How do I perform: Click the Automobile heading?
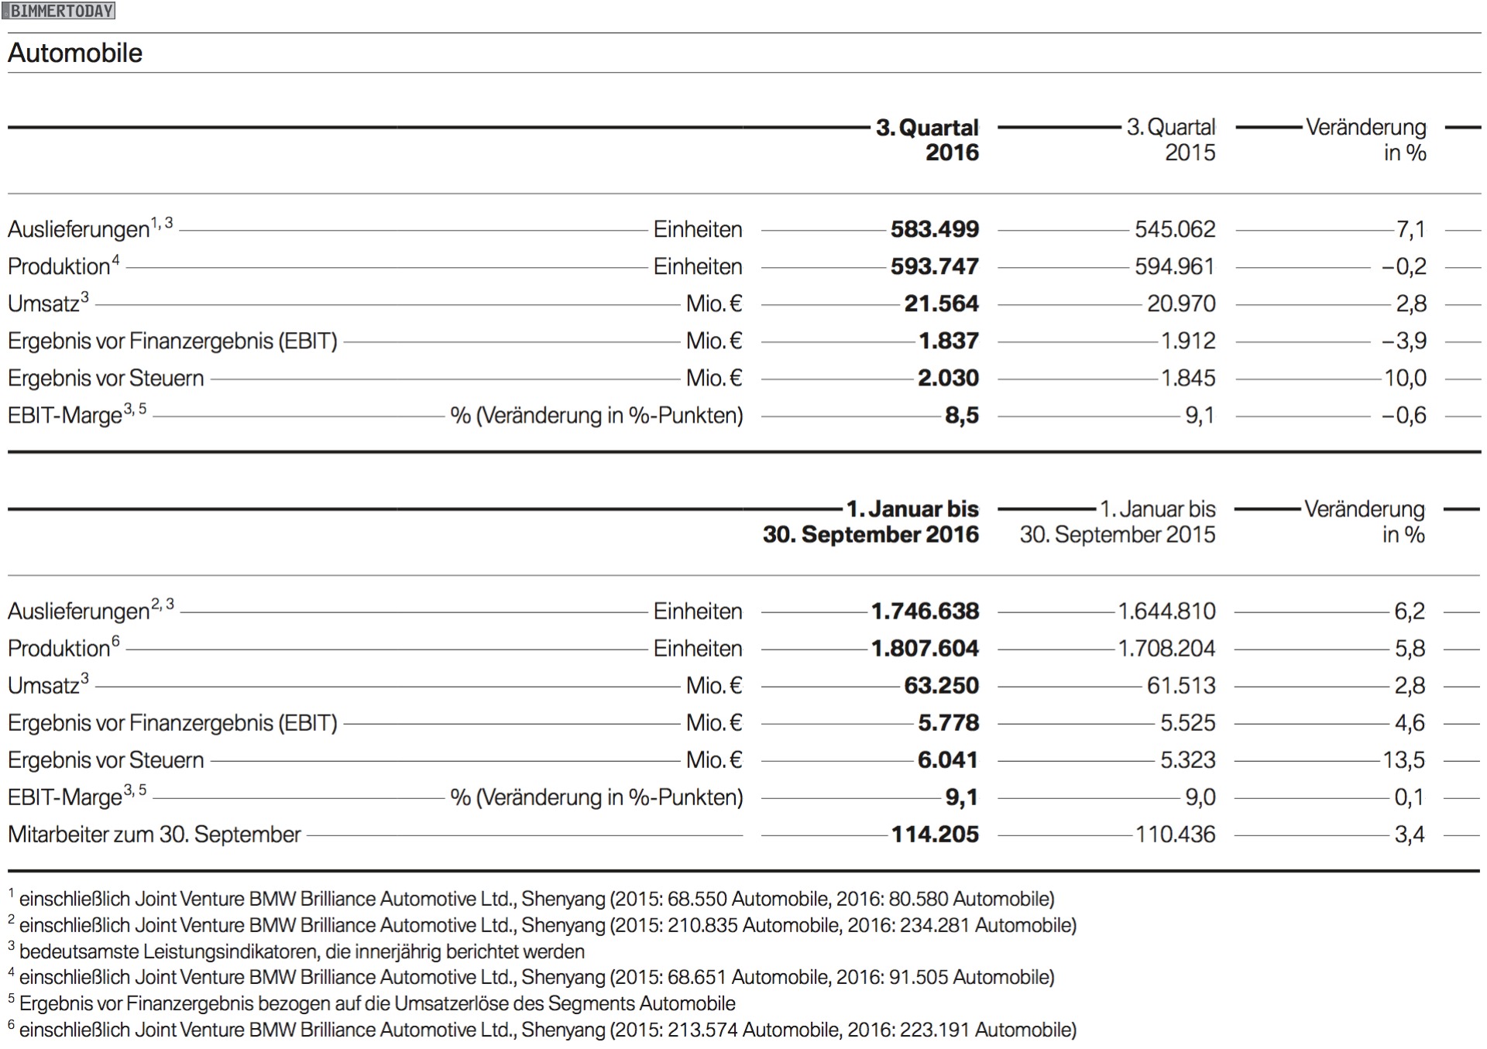click(x=75, y=53)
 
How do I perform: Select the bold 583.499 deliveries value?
click(x=934, y=229)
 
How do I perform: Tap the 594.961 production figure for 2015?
click(x=1174, y=266)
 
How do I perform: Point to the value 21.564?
click(x=941, y=303)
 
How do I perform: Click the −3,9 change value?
click(x=1403, y=341)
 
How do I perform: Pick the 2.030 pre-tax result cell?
click(x=948, y=378)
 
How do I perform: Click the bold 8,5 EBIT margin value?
click(x=961, y=416)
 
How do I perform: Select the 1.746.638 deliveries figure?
click(x=925, y=611)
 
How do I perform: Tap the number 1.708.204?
click(x=1166, y=648)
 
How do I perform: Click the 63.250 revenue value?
click(x=941, y=685)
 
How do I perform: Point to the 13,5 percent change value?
click(x=1403, y=759)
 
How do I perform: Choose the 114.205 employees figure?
click(x=935, y=834)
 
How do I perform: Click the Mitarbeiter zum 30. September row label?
click(x=154, y=834)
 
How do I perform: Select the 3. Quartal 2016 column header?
click(x=928, y=140)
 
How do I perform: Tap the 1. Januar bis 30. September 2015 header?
click(x=1118, y=522)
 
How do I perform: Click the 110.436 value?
click(x=1175, y=834)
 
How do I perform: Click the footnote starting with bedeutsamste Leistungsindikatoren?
click(x=301, y=951)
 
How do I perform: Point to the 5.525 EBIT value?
click(x=1187, y=722)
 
